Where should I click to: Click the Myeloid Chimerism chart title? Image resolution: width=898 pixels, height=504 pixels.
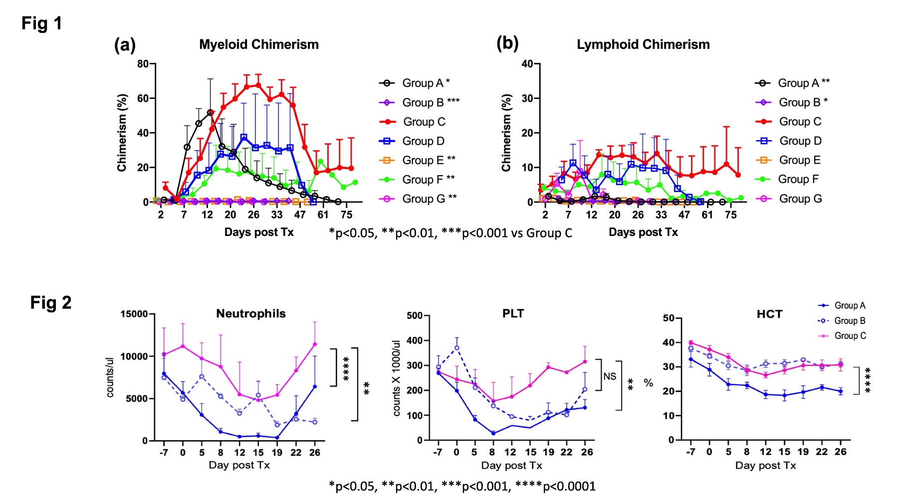(258, 44)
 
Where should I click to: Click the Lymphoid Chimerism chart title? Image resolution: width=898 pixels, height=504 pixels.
(643, 44)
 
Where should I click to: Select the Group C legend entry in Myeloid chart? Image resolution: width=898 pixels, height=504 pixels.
(424, 122)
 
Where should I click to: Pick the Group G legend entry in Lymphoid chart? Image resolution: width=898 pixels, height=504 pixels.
(800, 199)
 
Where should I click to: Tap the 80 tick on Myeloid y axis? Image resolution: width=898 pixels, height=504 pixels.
(143, 64)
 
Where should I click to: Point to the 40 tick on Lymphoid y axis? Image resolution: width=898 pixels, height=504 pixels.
(527, 64)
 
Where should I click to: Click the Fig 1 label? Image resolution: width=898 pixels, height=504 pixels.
(41, 23)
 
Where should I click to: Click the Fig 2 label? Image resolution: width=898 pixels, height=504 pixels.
(50, 302)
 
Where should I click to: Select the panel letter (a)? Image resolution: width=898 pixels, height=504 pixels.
(125, 45)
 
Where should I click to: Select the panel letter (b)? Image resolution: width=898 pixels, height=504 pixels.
(507, 43)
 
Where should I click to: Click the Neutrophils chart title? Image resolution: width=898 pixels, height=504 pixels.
(250, 313)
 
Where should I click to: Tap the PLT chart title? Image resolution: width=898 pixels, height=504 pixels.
(513, 313)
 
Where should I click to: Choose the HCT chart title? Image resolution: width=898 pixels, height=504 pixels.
(769, 314)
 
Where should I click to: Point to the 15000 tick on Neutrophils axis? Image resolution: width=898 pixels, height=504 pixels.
(134, 314)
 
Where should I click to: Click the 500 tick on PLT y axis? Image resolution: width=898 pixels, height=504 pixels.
(415, 315)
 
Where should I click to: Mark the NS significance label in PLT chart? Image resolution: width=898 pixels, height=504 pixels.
(610, 376)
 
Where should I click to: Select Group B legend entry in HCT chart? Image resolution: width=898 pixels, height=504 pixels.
(850, 321)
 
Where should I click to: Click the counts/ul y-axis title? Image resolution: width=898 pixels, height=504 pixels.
(110, 377)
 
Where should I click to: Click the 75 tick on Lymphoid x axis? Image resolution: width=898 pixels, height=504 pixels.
(730, 215)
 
